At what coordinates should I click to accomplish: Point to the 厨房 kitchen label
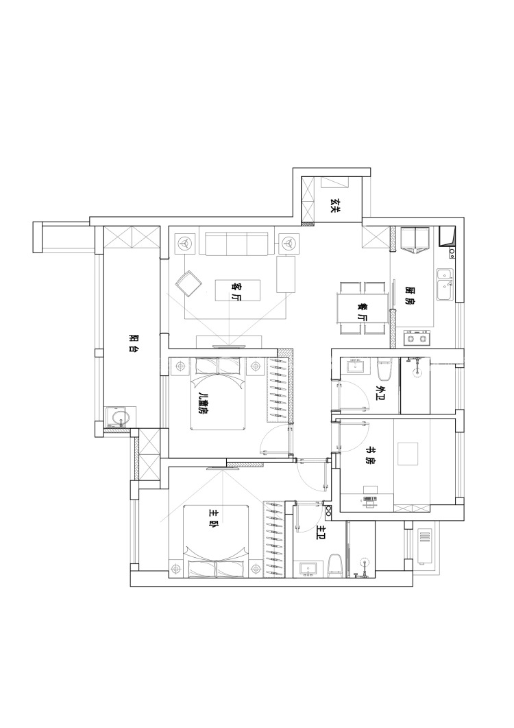click(410, 295)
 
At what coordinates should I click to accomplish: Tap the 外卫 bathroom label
click(382, 394)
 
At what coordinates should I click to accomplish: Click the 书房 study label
click(369, 456)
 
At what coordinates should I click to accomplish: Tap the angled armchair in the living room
click(189, 283)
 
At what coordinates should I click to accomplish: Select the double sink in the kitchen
click(445, 284)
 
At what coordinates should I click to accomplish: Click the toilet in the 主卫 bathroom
click(334, 565)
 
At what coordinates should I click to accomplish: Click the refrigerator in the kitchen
click(415, 239)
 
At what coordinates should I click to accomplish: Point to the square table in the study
click(408, 454)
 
